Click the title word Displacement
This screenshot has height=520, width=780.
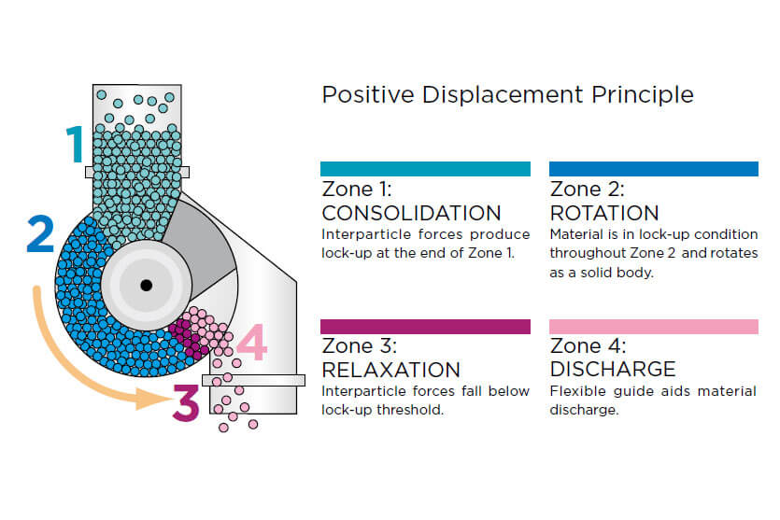[503, 94]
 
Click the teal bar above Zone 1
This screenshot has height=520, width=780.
[425, 169]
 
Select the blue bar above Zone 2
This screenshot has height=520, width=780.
[654, 169]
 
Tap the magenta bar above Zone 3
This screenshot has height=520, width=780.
[425, 327]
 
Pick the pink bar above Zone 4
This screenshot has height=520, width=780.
[654, 327]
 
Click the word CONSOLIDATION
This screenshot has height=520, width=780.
[411, 213]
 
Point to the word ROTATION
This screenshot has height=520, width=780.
[604, 213]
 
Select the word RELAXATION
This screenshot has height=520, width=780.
[391, 370]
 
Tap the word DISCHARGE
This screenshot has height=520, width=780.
[613, 370]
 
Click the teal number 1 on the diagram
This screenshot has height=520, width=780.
[75, 144]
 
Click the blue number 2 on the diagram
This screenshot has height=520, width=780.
[40, 233]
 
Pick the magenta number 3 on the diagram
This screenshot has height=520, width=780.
[186, 402]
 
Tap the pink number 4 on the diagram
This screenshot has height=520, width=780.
[252, 342]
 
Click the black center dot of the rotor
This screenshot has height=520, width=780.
[147, 285]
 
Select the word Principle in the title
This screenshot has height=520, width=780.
[642, 94]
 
